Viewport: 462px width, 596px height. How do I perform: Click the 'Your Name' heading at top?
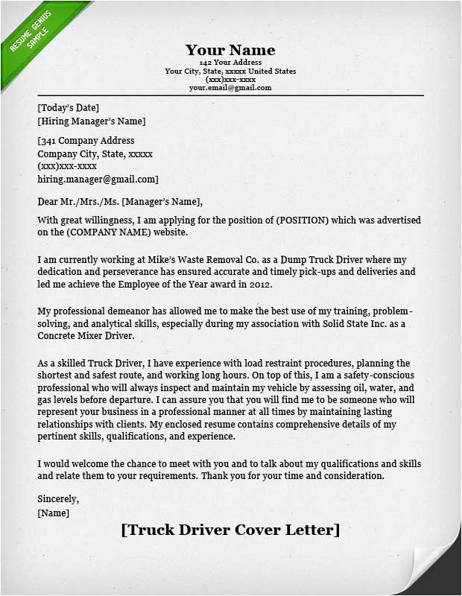click(230, 50)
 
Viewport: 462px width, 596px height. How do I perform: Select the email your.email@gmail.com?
click(230, 87)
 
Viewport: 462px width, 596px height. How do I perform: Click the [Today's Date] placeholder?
click(68, 108)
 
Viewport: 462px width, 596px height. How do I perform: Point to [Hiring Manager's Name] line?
click(92, 121)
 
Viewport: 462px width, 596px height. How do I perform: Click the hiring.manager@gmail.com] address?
click(98, 180)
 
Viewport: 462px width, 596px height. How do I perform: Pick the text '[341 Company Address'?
click(86, 141)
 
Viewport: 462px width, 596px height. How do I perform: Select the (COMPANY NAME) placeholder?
click(107, 232)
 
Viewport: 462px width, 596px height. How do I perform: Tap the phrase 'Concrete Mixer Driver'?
click(85, 336)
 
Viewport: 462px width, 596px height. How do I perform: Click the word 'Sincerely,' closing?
click(58, 499)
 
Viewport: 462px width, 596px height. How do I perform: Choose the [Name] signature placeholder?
click(53, 513)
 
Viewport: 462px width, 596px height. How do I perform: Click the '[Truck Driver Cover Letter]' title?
click(230, 530)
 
